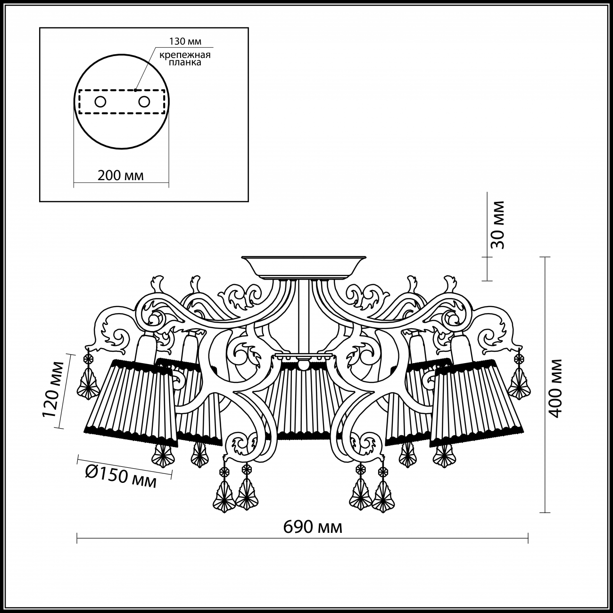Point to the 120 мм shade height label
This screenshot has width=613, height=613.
click(x=53, y=389)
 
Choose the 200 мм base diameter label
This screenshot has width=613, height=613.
click(x=121, y=175)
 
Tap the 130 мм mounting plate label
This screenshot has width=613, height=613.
click(x=185, y=41)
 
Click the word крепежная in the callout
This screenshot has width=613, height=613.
click(x=185, y=55)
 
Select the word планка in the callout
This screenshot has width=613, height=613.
click(x=185, y=62)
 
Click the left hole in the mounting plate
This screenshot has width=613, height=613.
click(x=100, y=102)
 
